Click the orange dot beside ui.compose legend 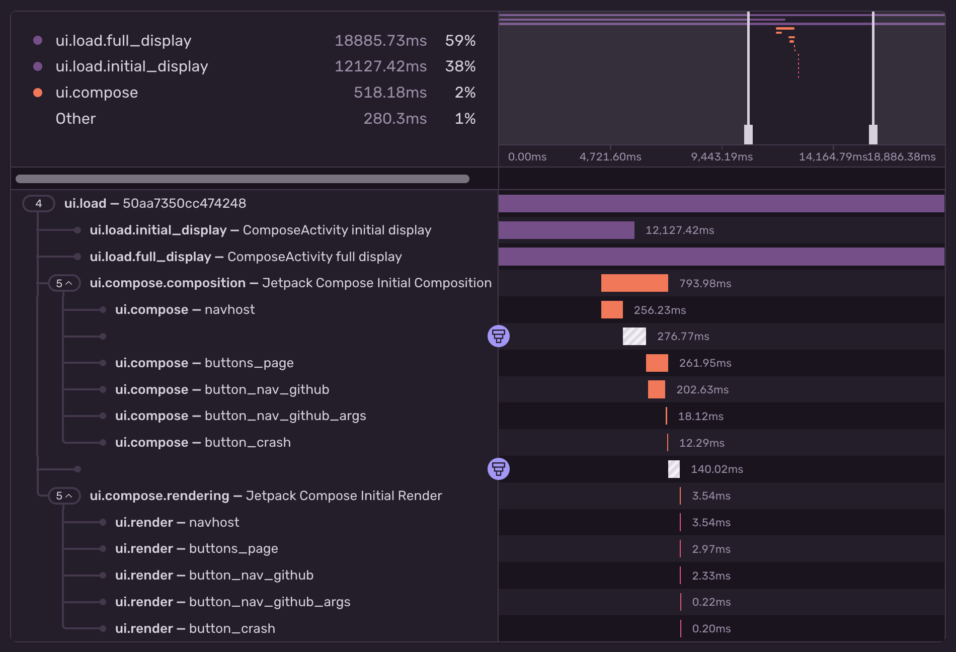coord(38,93)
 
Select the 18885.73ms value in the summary coord(380,41)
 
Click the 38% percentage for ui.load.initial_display coord(460,66)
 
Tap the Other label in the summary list coord(75,119)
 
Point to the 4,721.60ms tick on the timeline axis coord(610,156)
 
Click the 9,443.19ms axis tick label coord(722,156)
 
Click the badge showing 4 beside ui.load coord(39,203)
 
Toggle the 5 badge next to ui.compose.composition coord(64,283)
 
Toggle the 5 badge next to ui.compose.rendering coord(64,496)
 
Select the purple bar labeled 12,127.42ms coord(566,230)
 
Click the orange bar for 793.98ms coord(634,283)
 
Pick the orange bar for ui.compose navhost coord(612,310)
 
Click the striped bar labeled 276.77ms coord(634,337)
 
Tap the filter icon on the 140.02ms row coord(499,469)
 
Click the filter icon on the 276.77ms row coord(499,336)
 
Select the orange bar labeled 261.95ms coord(657,363)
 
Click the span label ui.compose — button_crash coord(203,443)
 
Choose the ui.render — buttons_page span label coord(196,549)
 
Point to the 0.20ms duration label coord(711,629)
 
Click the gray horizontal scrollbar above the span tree coord(242,179)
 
